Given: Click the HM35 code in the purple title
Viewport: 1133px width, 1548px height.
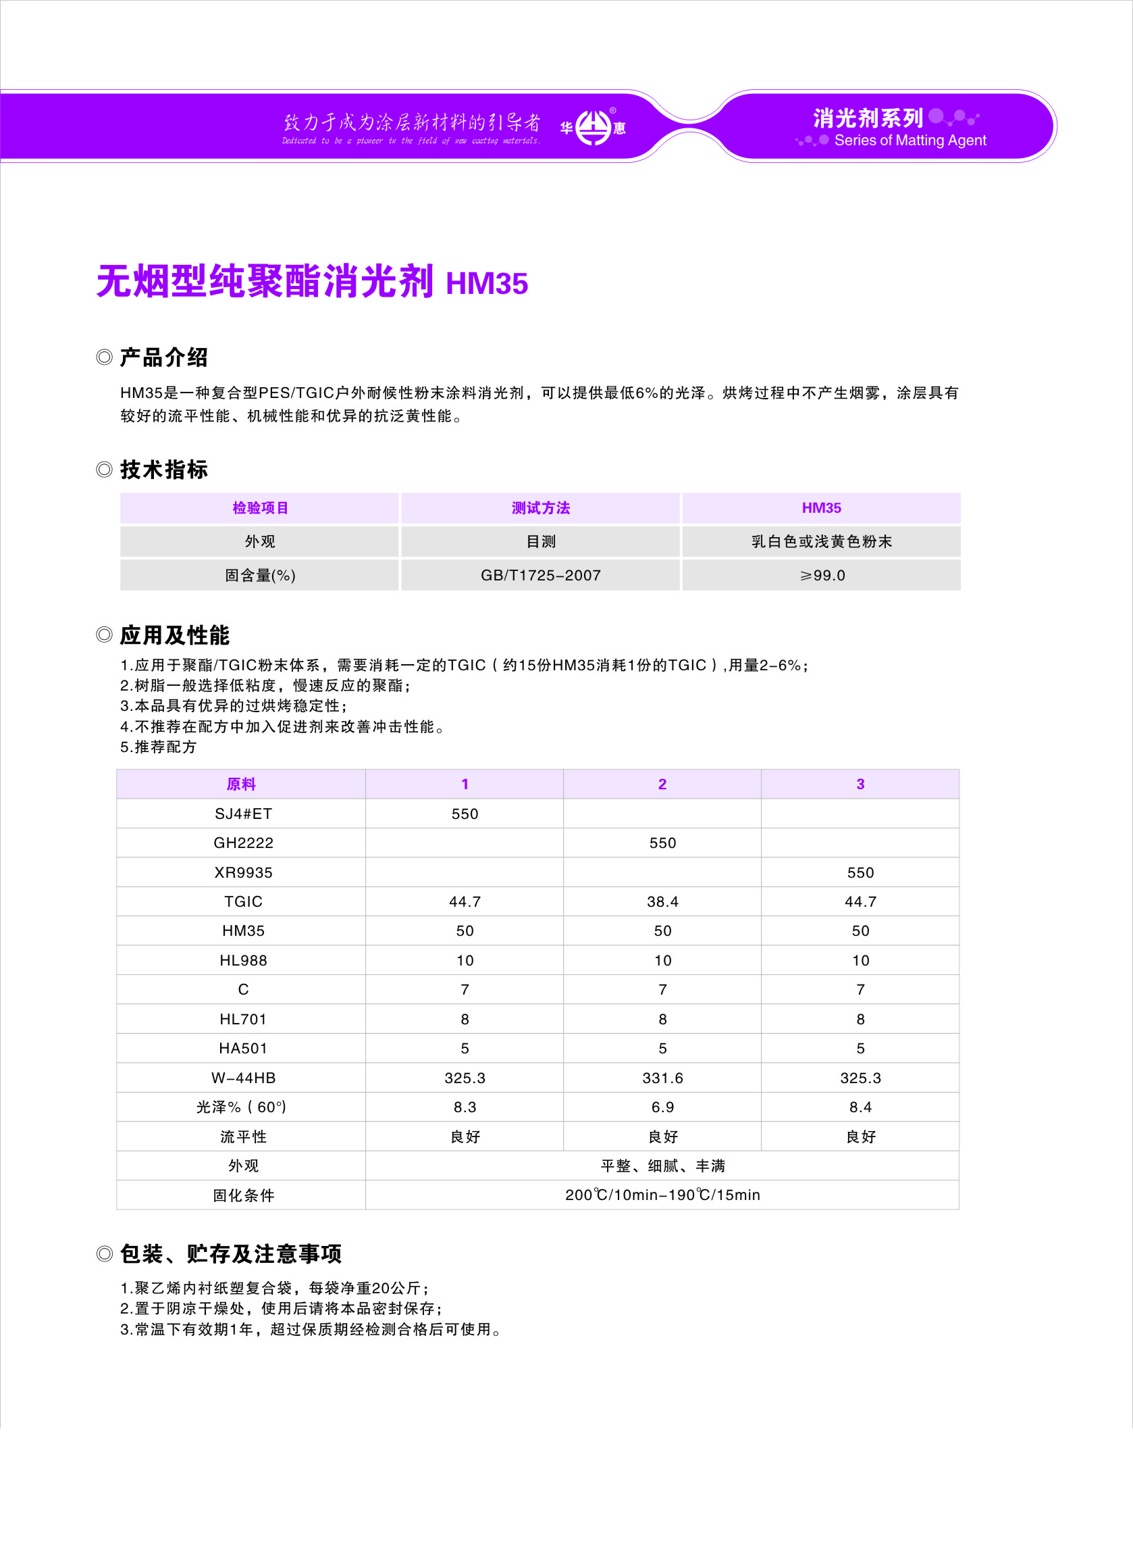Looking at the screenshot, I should coord(486,283).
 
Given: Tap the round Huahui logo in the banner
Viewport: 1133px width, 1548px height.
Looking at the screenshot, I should coord(593,128).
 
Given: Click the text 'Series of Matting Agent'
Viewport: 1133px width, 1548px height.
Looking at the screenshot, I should coord(910,141).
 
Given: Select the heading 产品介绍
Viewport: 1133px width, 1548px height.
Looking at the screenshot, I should coord(163,357).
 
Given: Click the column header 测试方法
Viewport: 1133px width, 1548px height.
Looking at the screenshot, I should coord(540,507).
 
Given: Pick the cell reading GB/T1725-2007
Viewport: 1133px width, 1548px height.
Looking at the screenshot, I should coord(540,575).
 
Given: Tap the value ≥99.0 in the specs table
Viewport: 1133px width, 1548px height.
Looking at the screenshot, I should coord(822,575).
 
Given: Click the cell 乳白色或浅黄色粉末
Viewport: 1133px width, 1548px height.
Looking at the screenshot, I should coord(822,541).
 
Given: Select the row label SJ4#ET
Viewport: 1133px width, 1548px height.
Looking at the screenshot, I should coord(243,814).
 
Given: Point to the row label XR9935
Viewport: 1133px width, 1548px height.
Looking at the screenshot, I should coord(243,872).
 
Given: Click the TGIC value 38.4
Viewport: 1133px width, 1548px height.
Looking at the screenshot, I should coord(662,901).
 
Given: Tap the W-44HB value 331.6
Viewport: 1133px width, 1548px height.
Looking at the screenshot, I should coord(662,1078).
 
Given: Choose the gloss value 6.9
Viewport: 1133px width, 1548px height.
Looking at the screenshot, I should coord(662,1107).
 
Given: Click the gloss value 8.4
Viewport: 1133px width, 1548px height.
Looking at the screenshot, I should coord(860,1107).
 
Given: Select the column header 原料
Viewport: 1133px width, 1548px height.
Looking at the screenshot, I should coord(241,784).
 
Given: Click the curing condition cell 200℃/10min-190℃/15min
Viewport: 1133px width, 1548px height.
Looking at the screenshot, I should coord(662,1195).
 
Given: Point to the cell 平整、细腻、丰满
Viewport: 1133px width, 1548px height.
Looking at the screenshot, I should coord(662,1166).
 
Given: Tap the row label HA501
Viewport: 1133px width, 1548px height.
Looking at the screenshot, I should coord(243,1049).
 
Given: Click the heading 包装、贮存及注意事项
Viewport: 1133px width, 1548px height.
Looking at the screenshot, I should coord(230,1253).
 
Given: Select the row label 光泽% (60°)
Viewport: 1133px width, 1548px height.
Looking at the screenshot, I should coord(241,1107).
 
